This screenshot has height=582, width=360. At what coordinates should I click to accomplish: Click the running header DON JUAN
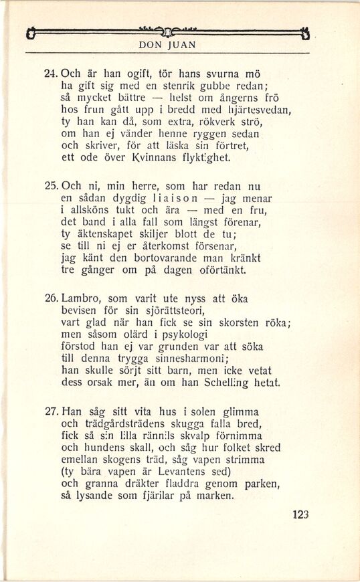167,45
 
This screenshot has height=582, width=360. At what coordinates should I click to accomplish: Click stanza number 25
52,185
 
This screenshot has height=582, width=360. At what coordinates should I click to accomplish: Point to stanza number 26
52,299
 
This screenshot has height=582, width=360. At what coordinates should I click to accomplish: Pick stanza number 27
52,412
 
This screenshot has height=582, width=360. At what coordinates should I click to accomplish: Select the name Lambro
82,299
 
